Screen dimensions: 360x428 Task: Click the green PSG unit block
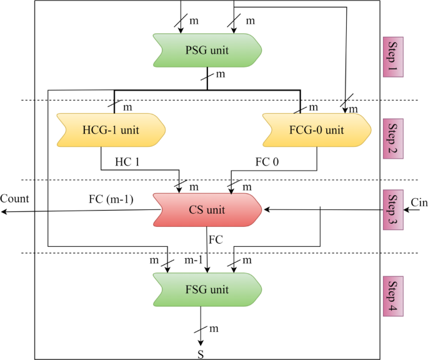point(207,49)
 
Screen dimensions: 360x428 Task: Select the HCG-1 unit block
point(111,129)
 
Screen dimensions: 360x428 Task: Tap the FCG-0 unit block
point(317,129)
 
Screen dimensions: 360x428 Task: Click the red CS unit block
point(207,209)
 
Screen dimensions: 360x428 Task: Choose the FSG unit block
point(207,289)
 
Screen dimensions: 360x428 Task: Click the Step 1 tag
point(393,56)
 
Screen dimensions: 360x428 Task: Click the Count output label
point(14,199)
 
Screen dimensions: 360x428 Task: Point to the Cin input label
point(419,201)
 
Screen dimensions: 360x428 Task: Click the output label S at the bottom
point(201,354)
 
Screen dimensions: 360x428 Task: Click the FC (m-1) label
point(109,200)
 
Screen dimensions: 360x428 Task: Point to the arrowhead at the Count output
point(4,212)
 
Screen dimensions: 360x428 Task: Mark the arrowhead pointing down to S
point(201,343)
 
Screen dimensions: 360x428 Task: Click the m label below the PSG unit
point(220,75)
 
